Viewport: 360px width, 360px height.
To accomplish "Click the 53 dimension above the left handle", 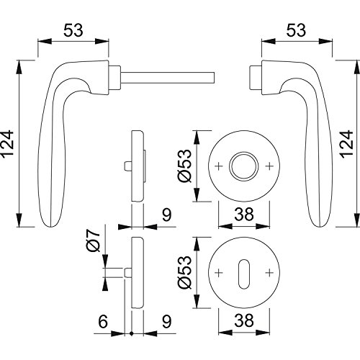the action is click(73, 30).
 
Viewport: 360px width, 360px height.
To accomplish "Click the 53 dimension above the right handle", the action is click(296, 30).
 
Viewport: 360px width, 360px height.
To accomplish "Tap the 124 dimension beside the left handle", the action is click(6, 144).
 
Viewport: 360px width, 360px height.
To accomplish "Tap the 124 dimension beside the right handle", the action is click(347, 144).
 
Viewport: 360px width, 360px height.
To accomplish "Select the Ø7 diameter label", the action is click(93, 240).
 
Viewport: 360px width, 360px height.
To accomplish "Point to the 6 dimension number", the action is click(103, 321).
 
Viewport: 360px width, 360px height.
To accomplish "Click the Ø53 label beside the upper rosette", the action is click(185, 166).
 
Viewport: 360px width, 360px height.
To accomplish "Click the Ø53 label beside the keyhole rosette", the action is click(185, 272).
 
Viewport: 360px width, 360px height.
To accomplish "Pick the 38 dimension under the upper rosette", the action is click(244, 215).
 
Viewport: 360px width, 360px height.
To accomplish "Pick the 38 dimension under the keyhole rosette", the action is click(244, 320).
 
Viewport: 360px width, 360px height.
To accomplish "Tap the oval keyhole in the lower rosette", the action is click(244, 274).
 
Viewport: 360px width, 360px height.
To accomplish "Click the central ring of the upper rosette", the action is click(244, 152).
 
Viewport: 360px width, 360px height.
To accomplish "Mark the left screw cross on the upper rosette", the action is click(218, 166).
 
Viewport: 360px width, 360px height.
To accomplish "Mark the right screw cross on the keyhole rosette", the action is click(269, 273).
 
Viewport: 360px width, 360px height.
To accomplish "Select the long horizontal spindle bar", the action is click(167, 78).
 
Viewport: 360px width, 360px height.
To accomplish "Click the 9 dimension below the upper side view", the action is click(166, 215).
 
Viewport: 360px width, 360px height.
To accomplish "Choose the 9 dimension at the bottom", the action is click(166, 321).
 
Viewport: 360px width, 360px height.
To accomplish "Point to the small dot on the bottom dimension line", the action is click(131, 333).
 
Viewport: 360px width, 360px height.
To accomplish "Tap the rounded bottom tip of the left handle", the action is click(51, 226).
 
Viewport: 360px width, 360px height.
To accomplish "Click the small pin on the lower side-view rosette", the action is click(127, 273).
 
